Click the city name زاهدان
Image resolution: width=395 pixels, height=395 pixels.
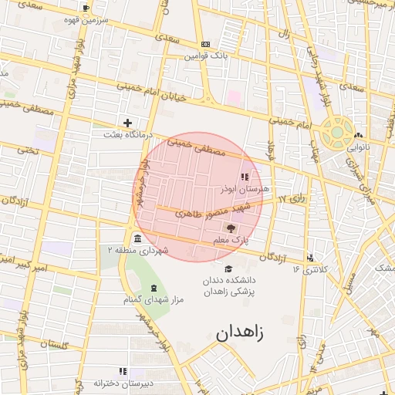[239, 333]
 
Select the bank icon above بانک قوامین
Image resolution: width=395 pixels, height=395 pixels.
[204, 45]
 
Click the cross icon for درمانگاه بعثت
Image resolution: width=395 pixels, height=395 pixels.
[127, 123]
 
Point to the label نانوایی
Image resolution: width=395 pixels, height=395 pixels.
[358, 145]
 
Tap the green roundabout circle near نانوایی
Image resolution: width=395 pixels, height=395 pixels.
[337, 130]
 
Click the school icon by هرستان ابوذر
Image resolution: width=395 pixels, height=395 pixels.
[245, 177]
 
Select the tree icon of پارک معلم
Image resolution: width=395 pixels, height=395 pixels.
[230, 228]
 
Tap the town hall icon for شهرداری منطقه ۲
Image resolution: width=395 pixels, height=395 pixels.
[137, 238]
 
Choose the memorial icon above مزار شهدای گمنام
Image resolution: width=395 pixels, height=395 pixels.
[153, 287]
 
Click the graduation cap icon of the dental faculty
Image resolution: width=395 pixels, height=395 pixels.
[228, 268]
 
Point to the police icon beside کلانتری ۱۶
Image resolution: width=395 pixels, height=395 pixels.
[310, 258]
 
